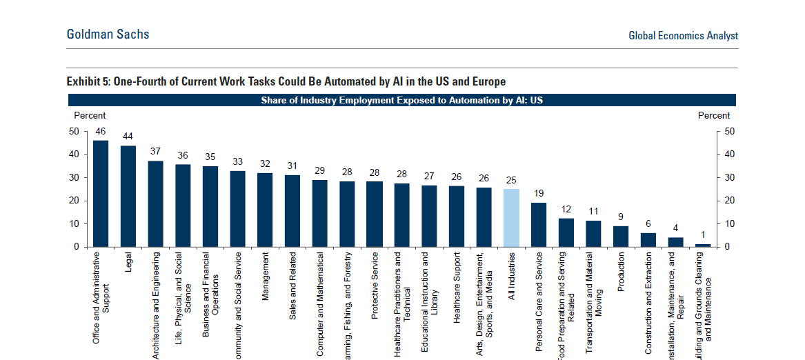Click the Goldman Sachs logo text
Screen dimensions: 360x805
[x=108, y=34]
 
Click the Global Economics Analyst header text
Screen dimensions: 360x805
[x=683, y=36]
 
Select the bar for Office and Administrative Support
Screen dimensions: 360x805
[x=101, y=194]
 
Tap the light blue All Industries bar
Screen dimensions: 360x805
[x=511, y=218]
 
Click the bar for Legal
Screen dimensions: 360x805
[x=128, y=196]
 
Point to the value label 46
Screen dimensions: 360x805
[x=101, y=131]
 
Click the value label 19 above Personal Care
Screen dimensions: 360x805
[x=539, y=194]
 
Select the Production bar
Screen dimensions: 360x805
[x=621, y=236]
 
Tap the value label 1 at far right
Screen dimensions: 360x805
[x=703, y=235]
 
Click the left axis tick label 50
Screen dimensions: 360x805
[x=74, y=131]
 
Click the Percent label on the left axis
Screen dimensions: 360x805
[x=90, y=115]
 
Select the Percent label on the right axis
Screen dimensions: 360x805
[x=713, y=115]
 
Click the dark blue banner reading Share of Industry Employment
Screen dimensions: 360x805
[x=402, y=100]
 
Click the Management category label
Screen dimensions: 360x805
[x=266, y=277]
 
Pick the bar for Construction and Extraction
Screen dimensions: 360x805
[x=648, y=239]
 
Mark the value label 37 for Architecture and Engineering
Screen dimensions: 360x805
[x=155, y=151]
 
